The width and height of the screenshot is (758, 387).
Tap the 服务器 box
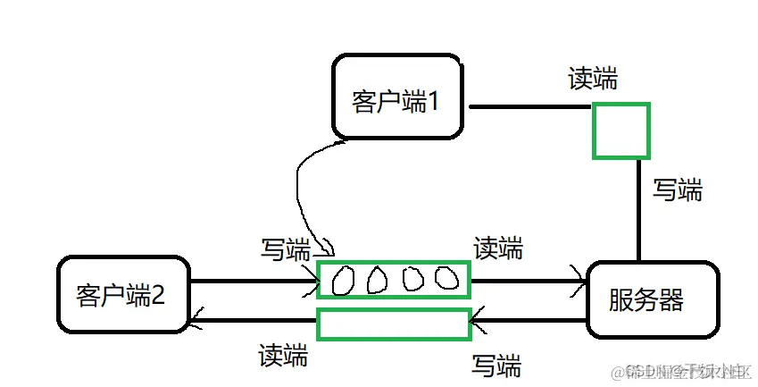651,299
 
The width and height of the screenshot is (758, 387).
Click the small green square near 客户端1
621,130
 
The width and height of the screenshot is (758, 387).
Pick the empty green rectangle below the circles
394,324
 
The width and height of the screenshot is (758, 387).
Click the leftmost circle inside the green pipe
343,282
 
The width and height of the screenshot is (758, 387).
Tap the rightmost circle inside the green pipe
446,280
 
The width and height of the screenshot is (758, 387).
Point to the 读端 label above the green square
593,79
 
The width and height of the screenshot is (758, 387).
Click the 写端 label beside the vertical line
678,189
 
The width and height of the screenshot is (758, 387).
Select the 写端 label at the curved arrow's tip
286,249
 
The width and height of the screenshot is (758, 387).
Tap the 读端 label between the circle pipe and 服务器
498,248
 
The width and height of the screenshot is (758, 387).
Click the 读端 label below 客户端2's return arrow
283,355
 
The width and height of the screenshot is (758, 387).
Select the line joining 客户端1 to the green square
531,107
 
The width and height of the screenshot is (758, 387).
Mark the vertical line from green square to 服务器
639,209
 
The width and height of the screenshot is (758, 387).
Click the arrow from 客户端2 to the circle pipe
254,282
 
